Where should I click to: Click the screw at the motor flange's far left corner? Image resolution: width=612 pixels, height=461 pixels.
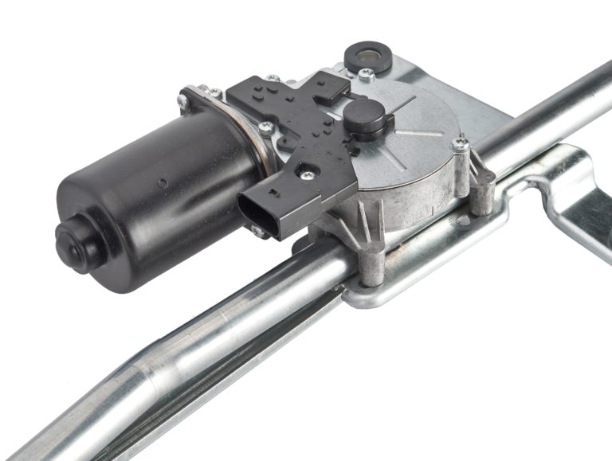(x=182, y=100)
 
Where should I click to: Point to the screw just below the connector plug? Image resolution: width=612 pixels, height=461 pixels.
(x=258, y=231)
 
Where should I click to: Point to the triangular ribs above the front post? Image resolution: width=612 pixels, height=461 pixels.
(x=351, y=227)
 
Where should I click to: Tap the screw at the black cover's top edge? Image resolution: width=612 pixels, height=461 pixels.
(x=273, y=79)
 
